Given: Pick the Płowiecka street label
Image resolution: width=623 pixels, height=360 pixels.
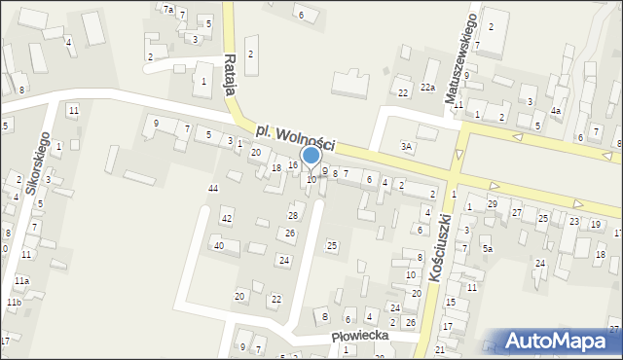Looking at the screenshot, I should click(x=360, y=335).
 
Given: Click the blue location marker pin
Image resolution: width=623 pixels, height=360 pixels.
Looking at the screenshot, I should click(x=311, y=158).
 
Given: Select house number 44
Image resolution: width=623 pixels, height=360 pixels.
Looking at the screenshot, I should click(x=213, y=187).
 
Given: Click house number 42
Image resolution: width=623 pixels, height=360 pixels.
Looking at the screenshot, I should click(x=226, y=219).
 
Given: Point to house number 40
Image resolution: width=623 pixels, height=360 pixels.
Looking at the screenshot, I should click(x=219, y=246).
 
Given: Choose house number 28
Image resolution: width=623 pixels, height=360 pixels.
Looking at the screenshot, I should click(x=292, y=215).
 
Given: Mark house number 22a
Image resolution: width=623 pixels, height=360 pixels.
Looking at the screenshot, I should click(x=427, y=88).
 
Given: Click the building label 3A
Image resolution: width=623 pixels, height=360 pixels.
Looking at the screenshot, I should click(x=407, y=146).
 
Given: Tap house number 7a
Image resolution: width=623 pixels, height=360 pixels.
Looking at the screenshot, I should click(x=168, y=10).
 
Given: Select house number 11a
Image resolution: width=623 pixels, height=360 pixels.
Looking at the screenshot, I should click(x=21, y=280).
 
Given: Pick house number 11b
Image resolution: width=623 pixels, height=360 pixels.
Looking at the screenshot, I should click(x=14, y=303).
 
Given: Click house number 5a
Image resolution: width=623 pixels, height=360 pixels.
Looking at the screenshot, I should click(x=489, y=249).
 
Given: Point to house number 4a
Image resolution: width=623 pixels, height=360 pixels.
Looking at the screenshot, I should click(x=555, y=111).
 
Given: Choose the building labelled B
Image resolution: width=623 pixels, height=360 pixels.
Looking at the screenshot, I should click(x=325, y=316).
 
